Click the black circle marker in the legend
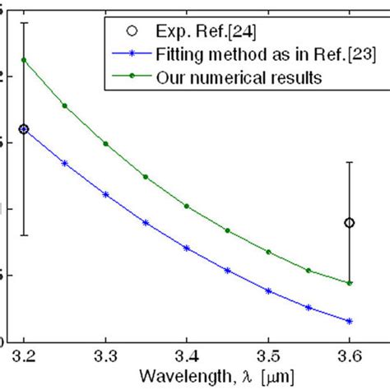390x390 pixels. coord(132,32)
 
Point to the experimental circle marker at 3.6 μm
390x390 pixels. coord(350,223)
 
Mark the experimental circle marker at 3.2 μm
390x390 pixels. coord(24,129)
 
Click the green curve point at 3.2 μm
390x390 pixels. coord(24,60)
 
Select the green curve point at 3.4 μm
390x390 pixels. coord(187,206)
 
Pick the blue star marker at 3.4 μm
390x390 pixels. coord(187,248)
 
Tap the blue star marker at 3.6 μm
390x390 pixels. coord(350,321)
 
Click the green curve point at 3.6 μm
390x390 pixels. coord(350,283)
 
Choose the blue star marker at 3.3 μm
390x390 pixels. coord(105,194)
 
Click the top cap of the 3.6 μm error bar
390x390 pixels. coord(350,162)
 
